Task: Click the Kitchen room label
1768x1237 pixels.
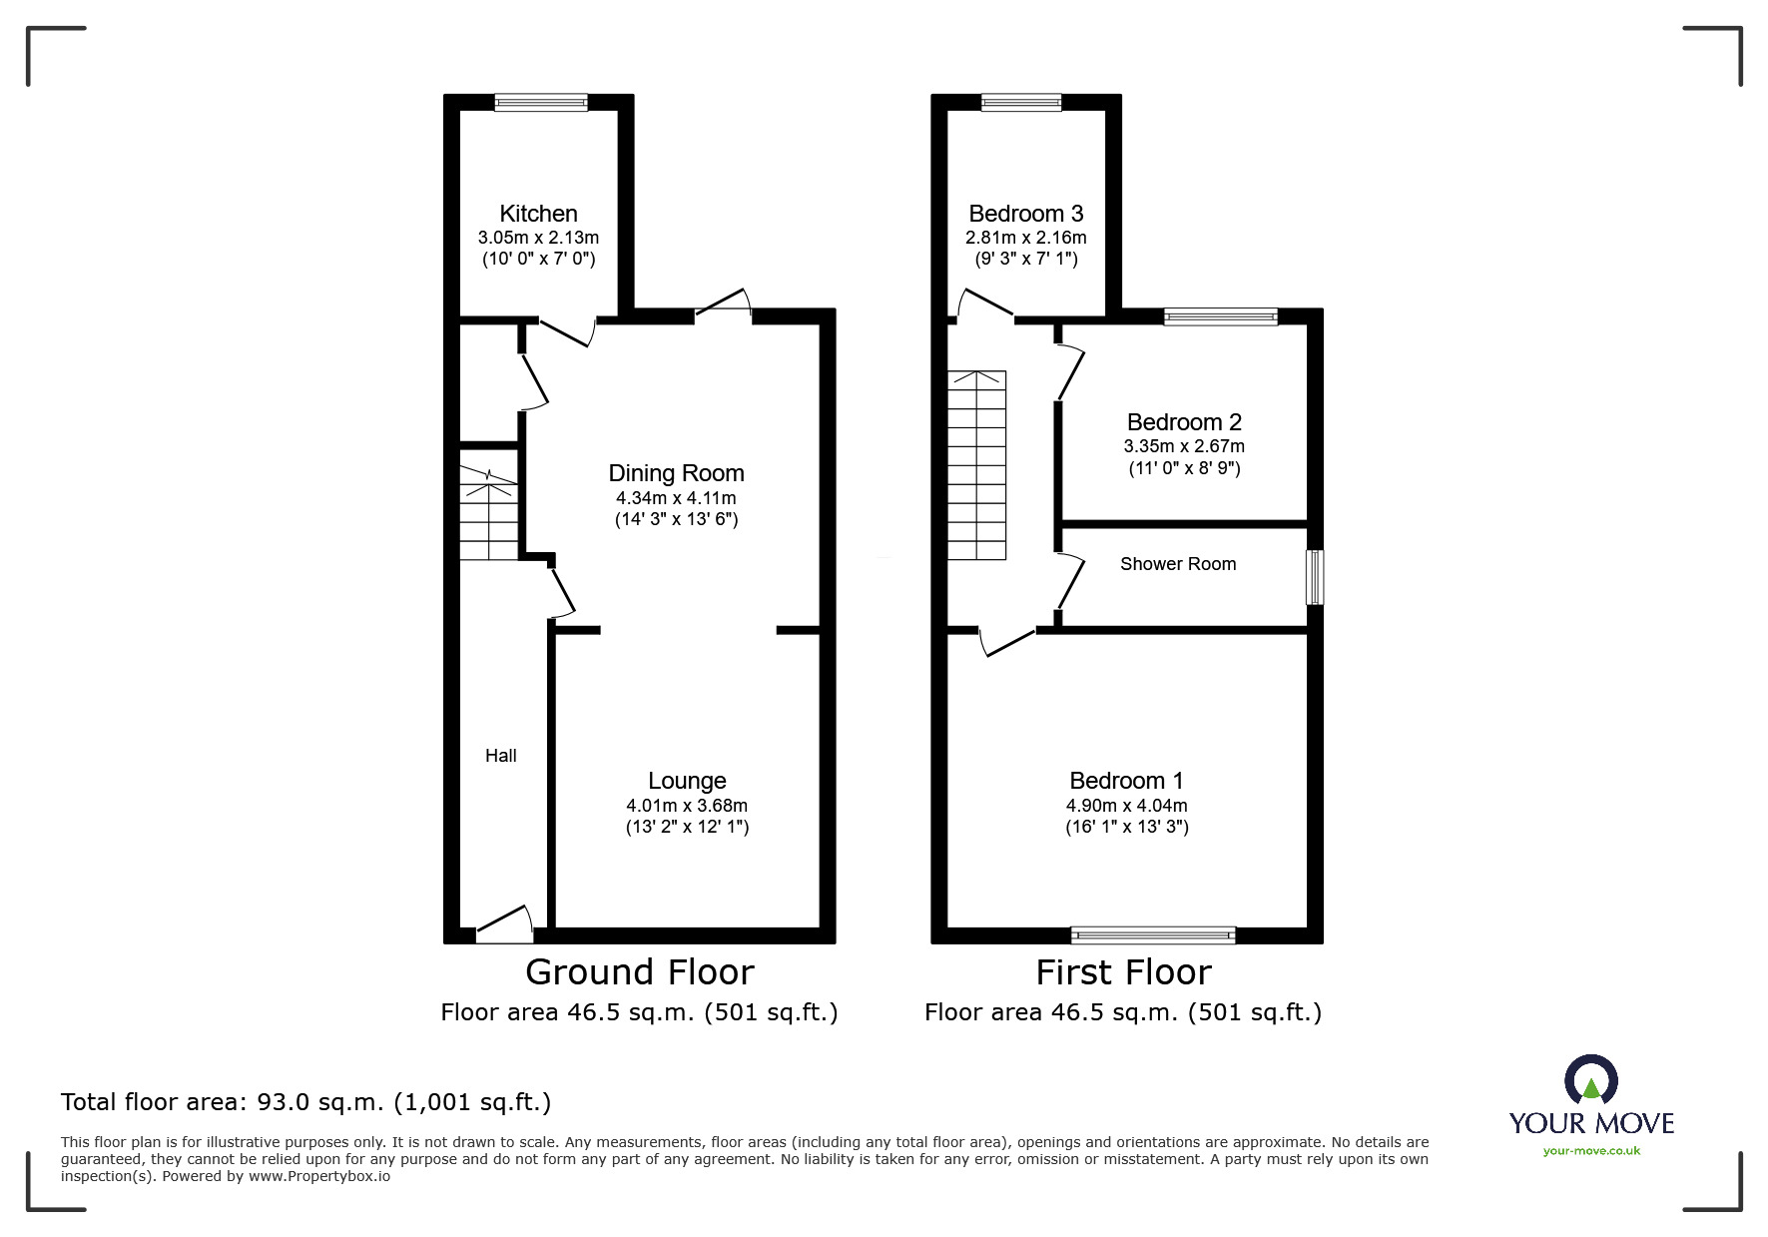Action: tap(538, 214)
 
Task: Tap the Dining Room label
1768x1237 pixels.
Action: tap(677, 473)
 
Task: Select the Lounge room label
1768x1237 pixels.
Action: tap(687, 781)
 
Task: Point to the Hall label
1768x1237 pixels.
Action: tap(501, 756)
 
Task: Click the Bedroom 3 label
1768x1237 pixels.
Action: tap(1026, 214)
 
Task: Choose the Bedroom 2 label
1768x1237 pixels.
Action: tap(1184, 422)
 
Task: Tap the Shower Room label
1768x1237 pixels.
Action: tap(1178, 564)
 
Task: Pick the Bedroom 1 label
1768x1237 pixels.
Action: tap(1126, 781)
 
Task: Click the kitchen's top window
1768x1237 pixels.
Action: tap(541, 102)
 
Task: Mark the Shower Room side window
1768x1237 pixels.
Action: tap(1316, 577)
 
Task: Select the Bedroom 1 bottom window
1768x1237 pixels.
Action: tap(1153, 935)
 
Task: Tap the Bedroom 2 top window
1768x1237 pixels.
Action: tap(1221, 317)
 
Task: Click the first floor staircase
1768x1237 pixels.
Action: tap(976, 465)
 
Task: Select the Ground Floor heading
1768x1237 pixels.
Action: tap(640, 971)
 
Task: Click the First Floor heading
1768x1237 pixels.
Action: tap(1123, 971)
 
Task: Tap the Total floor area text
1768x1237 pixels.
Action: tap(306, 1102)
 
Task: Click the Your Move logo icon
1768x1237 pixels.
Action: tap(1590, 1081)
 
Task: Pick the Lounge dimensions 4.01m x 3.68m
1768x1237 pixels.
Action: tap(687, 806)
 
